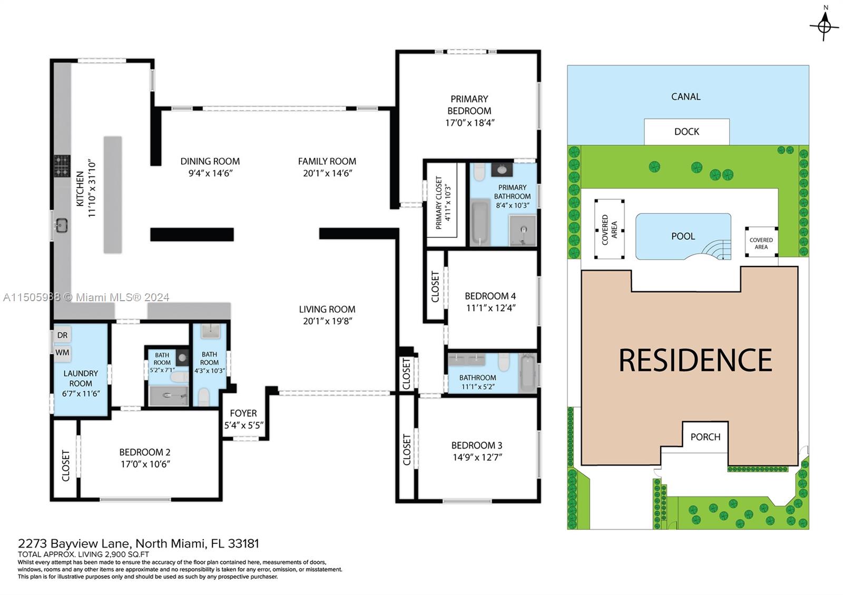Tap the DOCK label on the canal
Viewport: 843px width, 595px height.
click(x=687, y=132)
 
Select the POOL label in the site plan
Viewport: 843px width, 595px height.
click(x=683, y=236)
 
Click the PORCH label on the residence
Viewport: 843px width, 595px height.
click(x=705, y=437)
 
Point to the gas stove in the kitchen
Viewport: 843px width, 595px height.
click(x=62, y=165)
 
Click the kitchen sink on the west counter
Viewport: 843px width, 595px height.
click(x=61, y=226)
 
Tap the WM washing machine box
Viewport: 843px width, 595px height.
click(x=62, y=352)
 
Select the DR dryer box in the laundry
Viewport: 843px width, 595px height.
click(x=62, y=335)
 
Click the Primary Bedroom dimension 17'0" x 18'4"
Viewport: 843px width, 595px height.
click(x=469, y=123)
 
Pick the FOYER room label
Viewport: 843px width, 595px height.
click(x=243, y=413)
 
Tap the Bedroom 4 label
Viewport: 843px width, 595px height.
click(x=490, y=296)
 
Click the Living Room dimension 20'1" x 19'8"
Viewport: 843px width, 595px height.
click(x=327, y=321)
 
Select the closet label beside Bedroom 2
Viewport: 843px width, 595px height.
click(x=66, y=465)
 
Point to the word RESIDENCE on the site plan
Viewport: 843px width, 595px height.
click(x=695, y=360)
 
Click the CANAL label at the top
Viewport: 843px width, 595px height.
click(x=685, y=96)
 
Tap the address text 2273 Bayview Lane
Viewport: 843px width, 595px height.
click(x=76, y=543)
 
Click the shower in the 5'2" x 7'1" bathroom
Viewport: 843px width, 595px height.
click(x=168, y=395)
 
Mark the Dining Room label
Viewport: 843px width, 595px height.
click(x=210, y=161)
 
